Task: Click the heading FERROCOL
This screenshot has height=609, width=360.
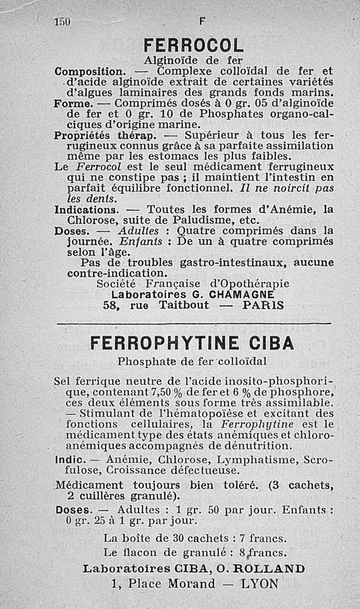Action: point(193,45)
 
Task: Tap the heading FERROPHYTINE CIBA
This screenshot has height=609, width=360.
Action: point(192,343)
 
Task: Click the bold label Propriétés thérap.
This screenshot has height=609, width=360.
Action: point(105,135)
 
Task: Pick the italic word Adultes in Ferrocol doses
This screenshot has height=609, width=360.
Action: point(138,231)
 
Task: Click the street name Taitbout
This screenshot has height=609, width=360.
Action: point(184,305)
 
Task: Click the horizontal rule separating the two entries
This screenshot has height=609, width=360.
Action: point(193,323)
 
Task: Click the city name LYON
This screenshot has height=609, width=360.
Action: point(260,584)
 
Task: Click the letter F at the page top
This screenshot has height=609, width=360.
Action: point(201,21)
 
